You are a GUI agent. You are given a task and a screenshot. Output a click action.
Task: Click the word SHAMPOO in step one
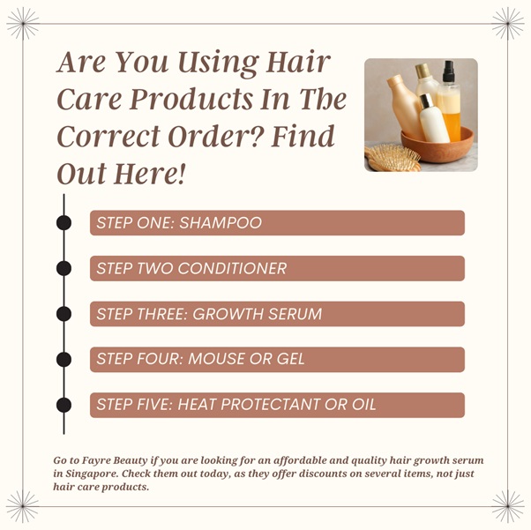pyautogui.click(x=221, y=223)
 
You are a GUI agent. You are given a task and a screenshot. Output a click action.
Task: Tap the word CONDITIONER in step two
pyautogui.click(x=232, y=269)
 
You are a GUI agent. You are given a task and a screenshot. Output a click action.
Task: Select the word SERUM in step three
pyautogui.click(x=295, y=314)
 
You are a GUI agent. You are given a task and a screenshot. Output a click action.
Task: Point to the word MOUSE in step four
pyautogui.click(x=213, y=359)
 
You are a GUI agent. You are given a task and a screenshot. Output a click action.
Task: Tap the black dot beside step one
pyautogui.click(x=64, y=223)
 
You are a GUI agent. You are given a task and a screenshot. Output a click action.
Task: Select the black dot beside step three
pyautogui.click(x=64, y=314)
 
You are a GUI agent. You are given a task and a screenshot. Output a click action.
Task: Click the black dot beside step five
pyautogui.click(x=64, y=405)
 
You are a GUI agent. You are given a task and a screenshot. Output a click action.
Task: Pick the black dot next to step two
pyautogui.click(x=64, y=269)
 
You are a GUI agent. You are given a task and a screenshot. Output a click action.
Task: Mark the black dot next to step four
pyautogui.click(x=64, y=359)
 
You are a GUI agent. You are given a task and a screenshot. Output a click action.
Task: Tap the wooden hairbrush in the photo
pyautogui.click(x=393, y=158)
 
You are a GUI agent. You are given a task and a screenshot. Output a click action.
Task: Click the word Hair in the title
pyautogui.click(x=298, y=63)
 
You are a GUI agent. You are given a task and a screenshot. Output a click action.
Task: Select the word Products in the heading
pyautogui.click(x=191, y=100)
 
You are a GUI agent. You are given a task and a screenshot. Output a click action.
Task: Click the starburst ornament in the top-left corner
pyautogui.click(x=23, y=24)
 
